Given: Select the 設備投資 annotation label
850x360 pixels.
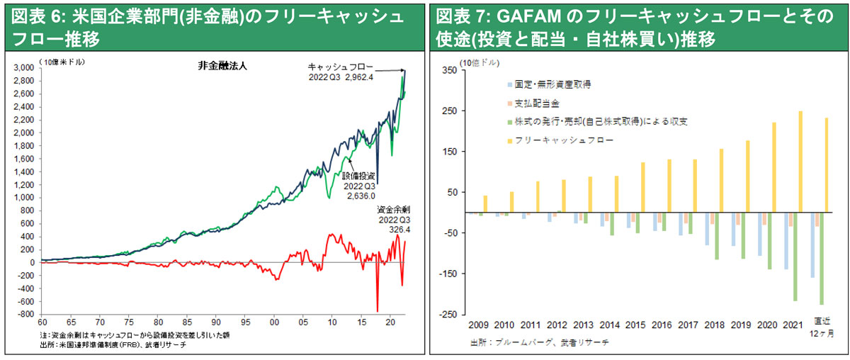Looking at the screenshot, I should coord(358,176).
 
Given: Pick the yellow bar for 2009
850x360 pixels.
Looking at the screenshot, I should coord(485,204).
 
